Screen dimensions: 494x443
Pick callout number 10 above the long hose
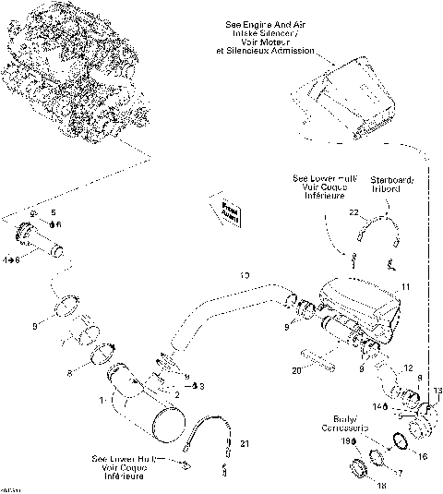245,275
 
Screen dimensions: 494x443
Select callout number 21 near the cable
245,444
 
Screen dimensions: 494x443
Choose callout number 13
437,391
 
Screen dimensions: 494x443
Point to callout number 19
344,441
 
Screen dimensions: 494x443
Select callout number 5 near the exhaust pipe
53,212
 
